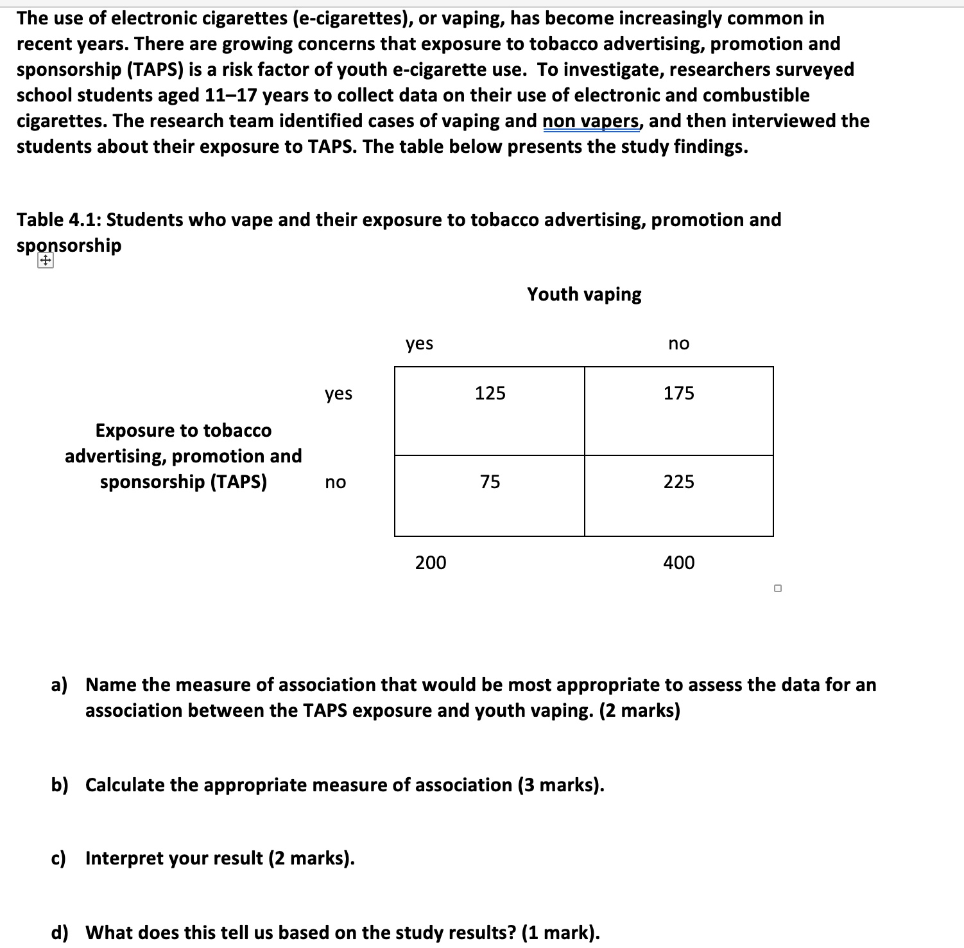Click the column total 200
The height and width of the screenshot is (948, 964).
coord(430,563)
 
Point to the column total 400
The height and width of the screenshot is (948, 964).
coord(678,563)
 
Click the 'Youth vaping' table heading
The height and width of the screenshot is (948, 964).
coord(584,294)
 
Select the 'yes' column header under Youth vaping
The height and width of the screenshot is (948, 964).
coord(419,344)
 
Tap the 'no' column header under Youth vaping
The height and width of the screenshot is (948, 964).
coord(678,344)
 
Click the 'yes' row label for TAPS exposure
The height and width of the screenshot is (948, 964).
coord(338,393)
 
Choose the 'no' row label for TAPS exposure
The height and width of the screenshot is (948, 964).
coord(335,482)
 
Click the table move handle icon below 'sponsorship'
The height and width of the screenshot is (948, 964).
coord(45,261)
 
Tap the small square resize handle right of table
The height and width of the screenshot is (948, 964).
coord(778,588)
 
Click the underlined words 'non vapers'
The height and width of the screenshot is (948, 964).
coord(590,121)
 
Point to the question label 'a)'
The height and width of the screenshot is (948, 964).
coord(59,685)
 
